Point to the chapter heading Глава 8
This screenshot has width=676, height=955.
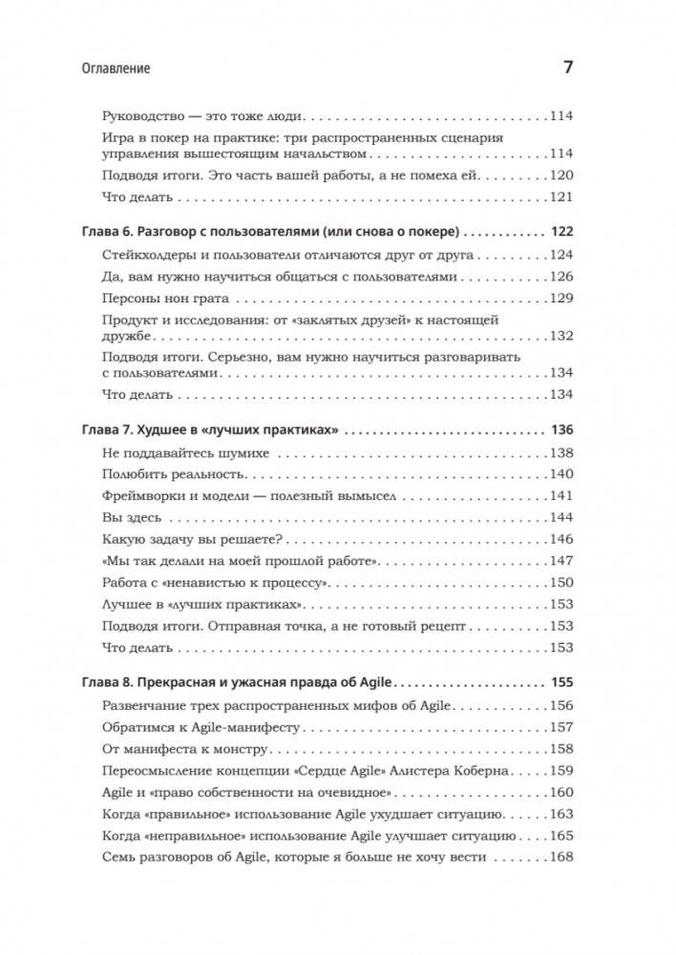[102, 683]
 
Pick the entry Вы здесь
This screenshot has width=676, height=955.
[130, 517]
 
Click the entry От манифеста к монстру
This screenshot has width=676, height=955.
[176, 748]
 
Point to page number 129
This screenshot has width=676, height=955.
[560, 299]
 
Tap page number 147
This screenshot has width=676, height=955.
[560, 561]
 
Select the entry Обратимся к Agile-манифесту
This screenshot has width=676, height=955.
[200, 726]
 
